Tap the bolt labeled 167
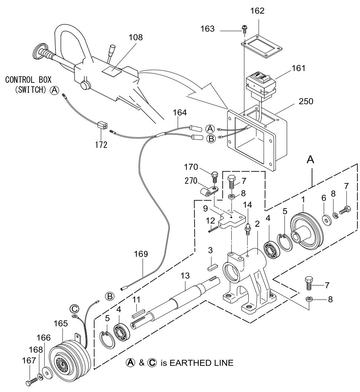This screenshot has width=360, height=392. (x=31, y=380)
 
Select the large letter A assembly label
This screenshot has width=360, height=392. (x=311, y=160)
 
